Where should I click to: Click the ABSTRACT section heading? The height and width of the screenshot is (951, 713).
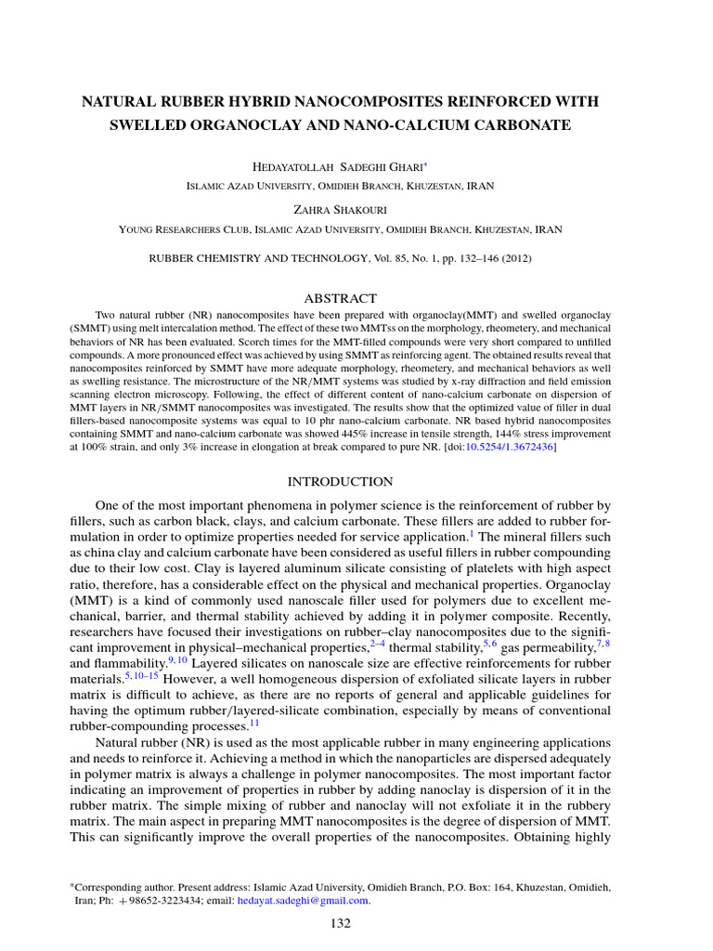pos(341,298)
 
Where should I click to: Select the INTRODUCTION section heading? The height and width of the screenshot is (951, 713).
pos(340,481)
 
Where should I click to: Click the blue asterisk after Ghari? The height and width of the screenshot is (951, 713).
pos(425,164)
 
